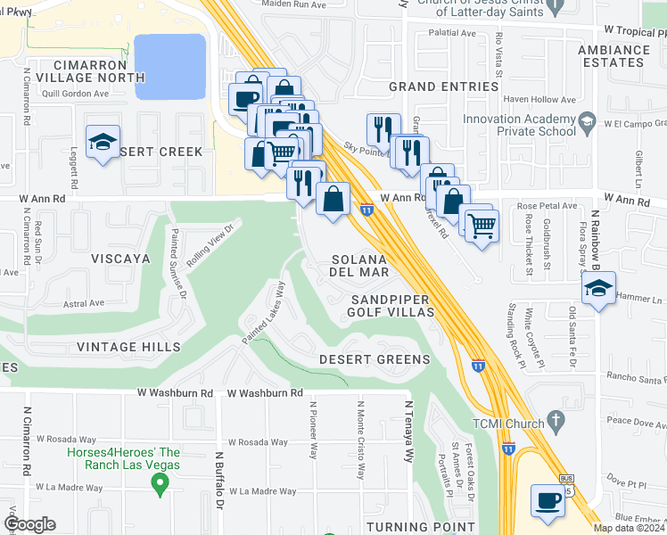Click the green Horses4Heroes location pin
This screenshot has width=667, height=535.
[x=161, y=485]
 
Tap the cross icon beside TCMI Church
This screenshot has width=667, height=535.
[x=555, y=419]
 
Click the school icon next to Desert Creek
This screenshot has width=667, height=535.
[x=103, y=142]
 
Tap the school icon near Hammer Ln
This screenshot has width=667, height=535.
[x=597, y=287]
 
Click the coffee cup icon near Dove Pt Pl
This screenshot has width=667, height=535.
[x=547, y=499]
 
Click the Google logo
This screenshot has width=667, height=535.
[x=29, y=524]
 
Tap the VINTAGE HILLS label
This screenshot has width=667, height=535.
[x=128, y=347]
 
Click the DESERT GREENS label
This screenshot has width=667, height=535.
[x=375, y=360]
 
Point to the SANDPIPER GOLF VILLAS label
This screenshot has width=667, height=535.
[x=391, y=306]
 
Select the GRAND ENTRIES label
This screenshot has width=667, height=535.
[x=443, y=86]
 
